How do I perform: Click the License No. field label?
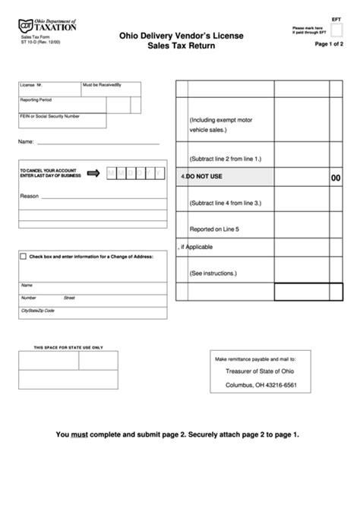pos(33,87)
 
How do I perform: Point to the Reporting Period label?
pos(36,99)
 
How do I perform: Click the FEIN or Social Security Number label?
pos(49,116)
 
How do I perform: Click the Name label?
pos(25,142)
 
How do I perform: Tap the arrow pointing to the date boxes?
pos(93,173)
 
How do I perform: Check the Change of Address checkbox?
pos(24,257)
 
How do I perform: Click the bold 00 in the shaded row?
pos(336,177)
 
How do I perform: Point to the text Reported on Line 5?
pos(214,229)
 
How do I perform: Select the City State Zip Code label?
pos(38,311)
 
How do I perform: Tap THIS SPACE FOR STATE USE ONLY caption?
pos(68,347)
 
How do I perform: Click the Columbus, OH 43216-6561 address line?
pos(261,385)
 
